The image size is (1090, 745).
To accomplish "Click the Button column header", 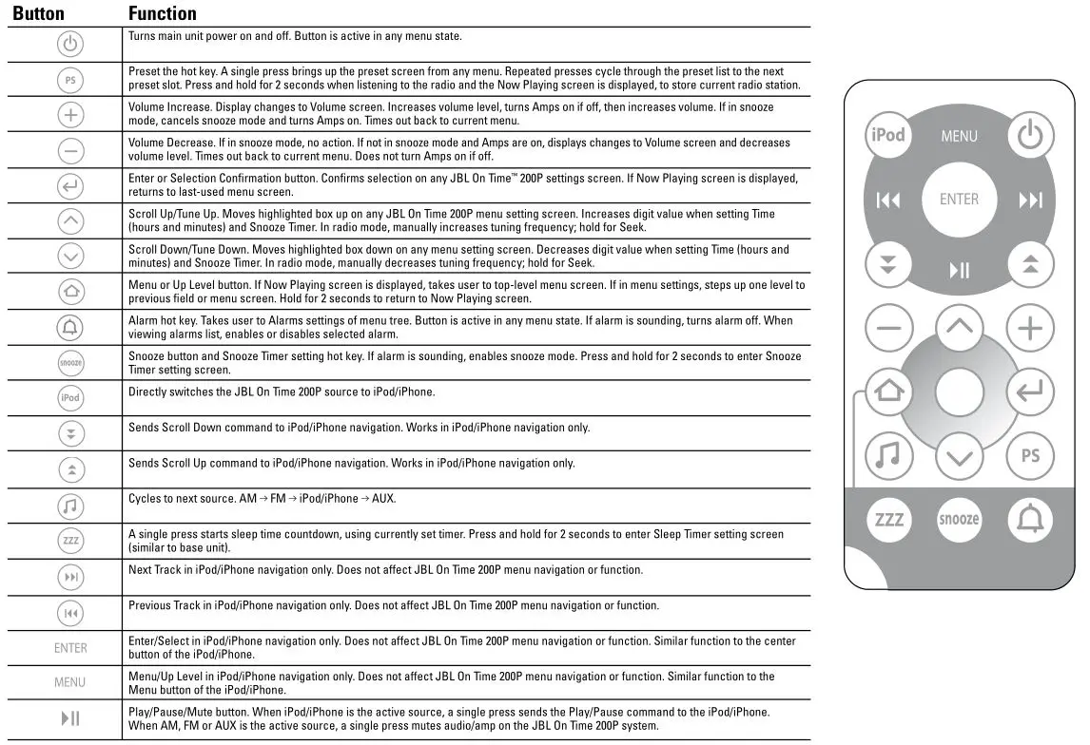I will pos(38,13).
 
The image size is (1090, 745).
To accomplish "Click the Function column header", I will pos(163,13).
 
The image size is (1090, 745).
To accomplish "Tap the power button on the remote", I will pos(1029,135).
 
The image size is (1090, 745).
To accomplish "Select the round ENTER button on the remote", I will pos(959,199).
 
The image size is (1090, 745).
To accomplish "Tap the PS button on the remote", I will pos(1030,455).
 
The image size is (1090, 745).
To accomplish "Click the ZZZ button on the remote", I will pos(888,519).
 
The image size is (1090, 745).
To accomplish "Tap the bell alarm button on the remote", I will pos(1030,519).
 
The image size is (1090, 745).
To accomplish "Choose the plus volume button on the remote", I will pos(1030,329).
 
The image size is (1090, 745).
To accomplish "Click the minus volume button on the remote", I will pos(888,329).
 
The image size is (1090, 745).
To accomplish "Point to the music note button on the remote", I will pos(888,455).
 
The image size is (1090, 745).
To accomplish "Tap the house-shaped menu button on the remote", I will pos(888,391).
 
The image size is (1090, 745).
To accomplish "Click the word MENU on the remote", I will pos(959,136).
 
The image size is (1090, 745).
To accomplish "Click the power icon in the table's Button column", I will pos(70,44).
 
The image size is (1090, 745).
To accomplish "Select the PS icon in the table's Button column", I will pos(70,80).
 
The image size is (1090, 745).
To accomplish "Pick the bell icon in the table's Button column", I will pos(70,327).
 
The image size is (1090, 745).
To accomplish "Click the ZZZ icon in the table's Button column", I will pos(70,541).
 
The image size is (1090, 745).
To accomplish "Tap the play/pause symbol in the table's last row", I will pos(70,718).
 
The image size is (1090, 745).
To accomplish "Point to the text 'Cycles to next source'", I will pos(181,499).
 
